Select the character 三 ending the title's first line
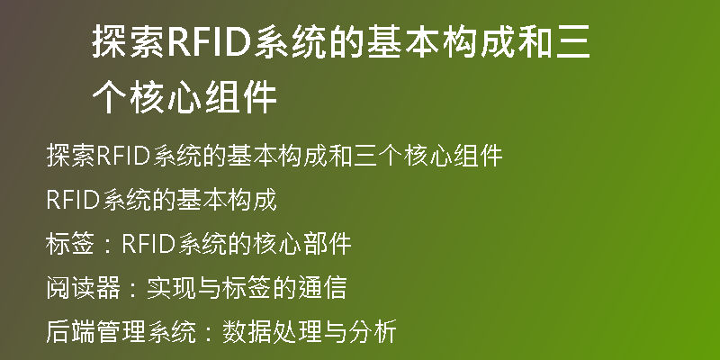(573, 43)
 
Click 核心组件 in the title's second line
(203, 97)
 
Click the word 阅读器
(83, 288)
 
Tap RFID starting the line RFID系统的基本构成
(74, 200)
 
